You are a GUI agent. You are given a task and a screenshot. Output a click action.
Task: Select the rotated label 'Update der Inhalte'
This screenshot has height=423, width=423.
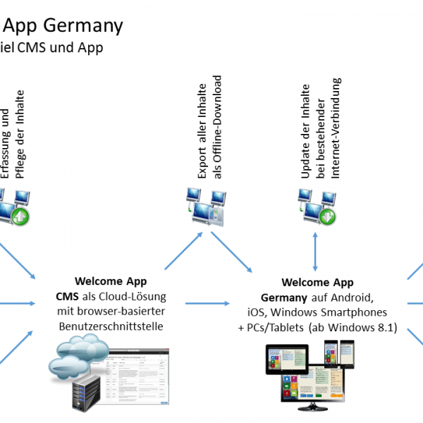(x=305, y=131)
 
